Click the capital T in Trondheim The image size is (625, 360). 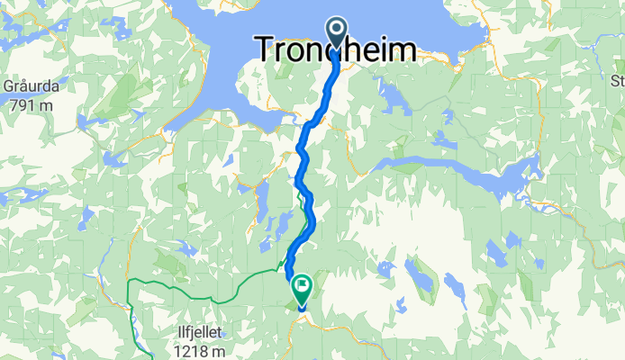pyautogui.click(x=267, y=49)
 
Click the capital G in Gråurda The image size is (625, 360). pyautogui.click(x=8, y=86)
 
